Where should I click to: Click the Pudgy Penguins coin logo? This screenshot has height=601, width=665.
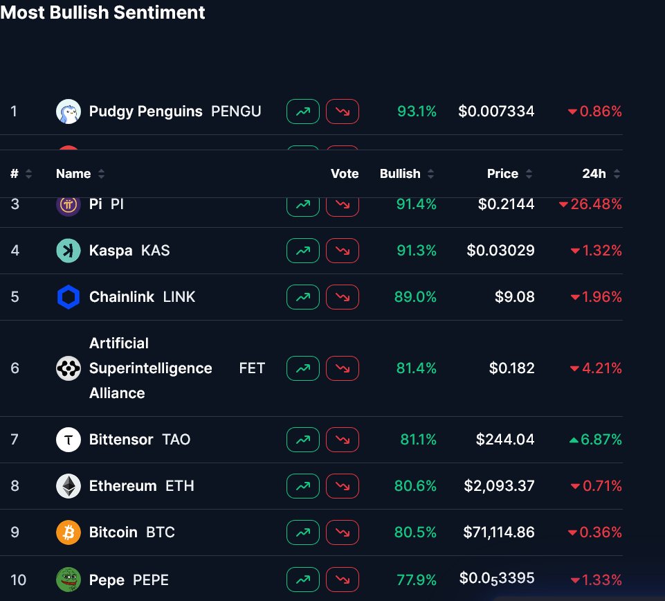69,111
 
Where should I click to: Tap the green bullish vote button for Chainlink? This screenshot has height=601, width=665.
303,297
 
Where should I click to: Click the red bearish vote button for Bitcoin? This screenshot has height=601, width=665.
343,532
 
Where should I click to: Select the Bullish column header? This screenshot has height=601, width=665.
400,174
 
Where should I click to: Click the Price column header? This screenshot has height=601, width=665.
503,174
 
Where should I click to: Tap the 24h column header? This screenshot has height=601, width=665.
594,174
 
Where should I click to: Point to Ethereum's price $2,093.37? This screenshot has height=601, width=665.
499,486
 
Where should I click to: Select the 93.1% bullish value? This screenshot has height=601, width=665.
417,111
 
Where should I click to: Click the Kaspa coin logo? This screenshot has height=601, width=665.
69,251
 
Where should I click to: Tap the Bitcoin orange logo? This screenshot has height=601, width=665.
69,532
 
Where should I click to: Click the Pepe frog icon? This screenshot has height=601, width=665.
69,580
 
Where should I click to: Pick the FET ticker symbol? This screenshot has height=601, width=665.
252,368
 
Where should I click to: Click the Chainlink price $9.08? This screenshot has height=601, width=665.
514,297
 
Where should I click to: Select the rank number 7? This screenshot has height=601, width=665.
15,440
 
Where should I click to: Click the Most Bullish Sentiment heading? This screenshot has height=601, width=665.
102,12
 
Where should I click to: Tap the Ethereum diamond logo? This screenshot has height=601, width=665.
69,486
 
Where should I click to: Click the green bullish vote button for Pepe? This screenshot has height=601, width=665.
303,580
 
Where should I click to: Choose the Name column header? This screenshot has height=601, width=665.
73,174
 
